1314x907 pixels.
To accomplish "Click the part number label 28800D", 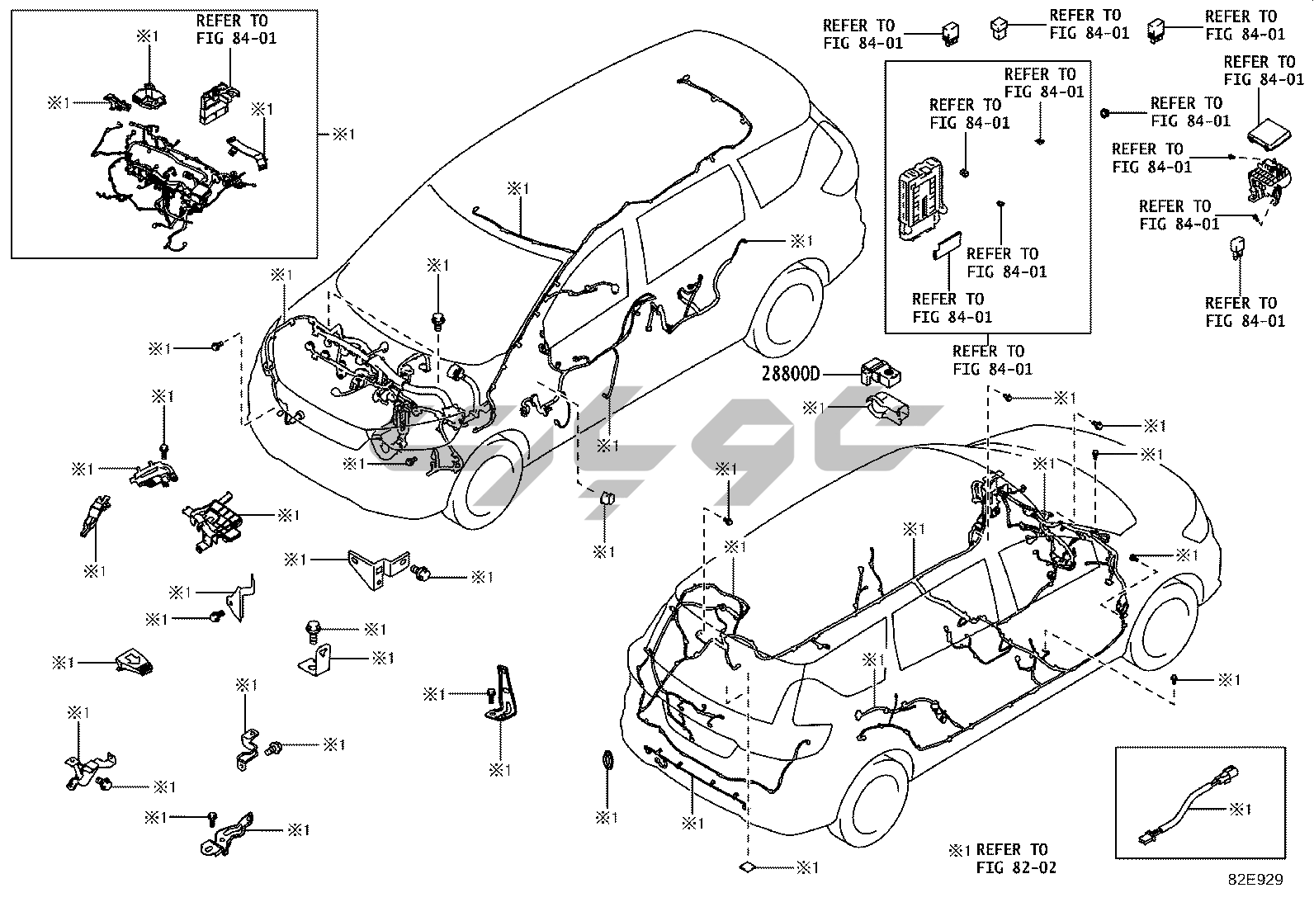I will pyautogui.click(x=792, y=375).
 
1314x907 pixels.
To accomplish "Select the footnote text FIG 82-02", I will pyautogui.click(x=1015, y=867).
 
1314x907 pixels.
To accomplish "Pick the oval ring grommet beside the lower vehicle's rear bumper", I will pyautogui.click(x=607, y=759).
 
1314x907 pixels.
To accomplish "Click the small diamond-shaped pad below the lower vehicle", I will pyautogui.click(x=747, y=867).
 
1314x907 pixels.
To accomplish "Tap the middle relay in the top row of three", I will pyautogui.click(x=1001, y=27).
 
